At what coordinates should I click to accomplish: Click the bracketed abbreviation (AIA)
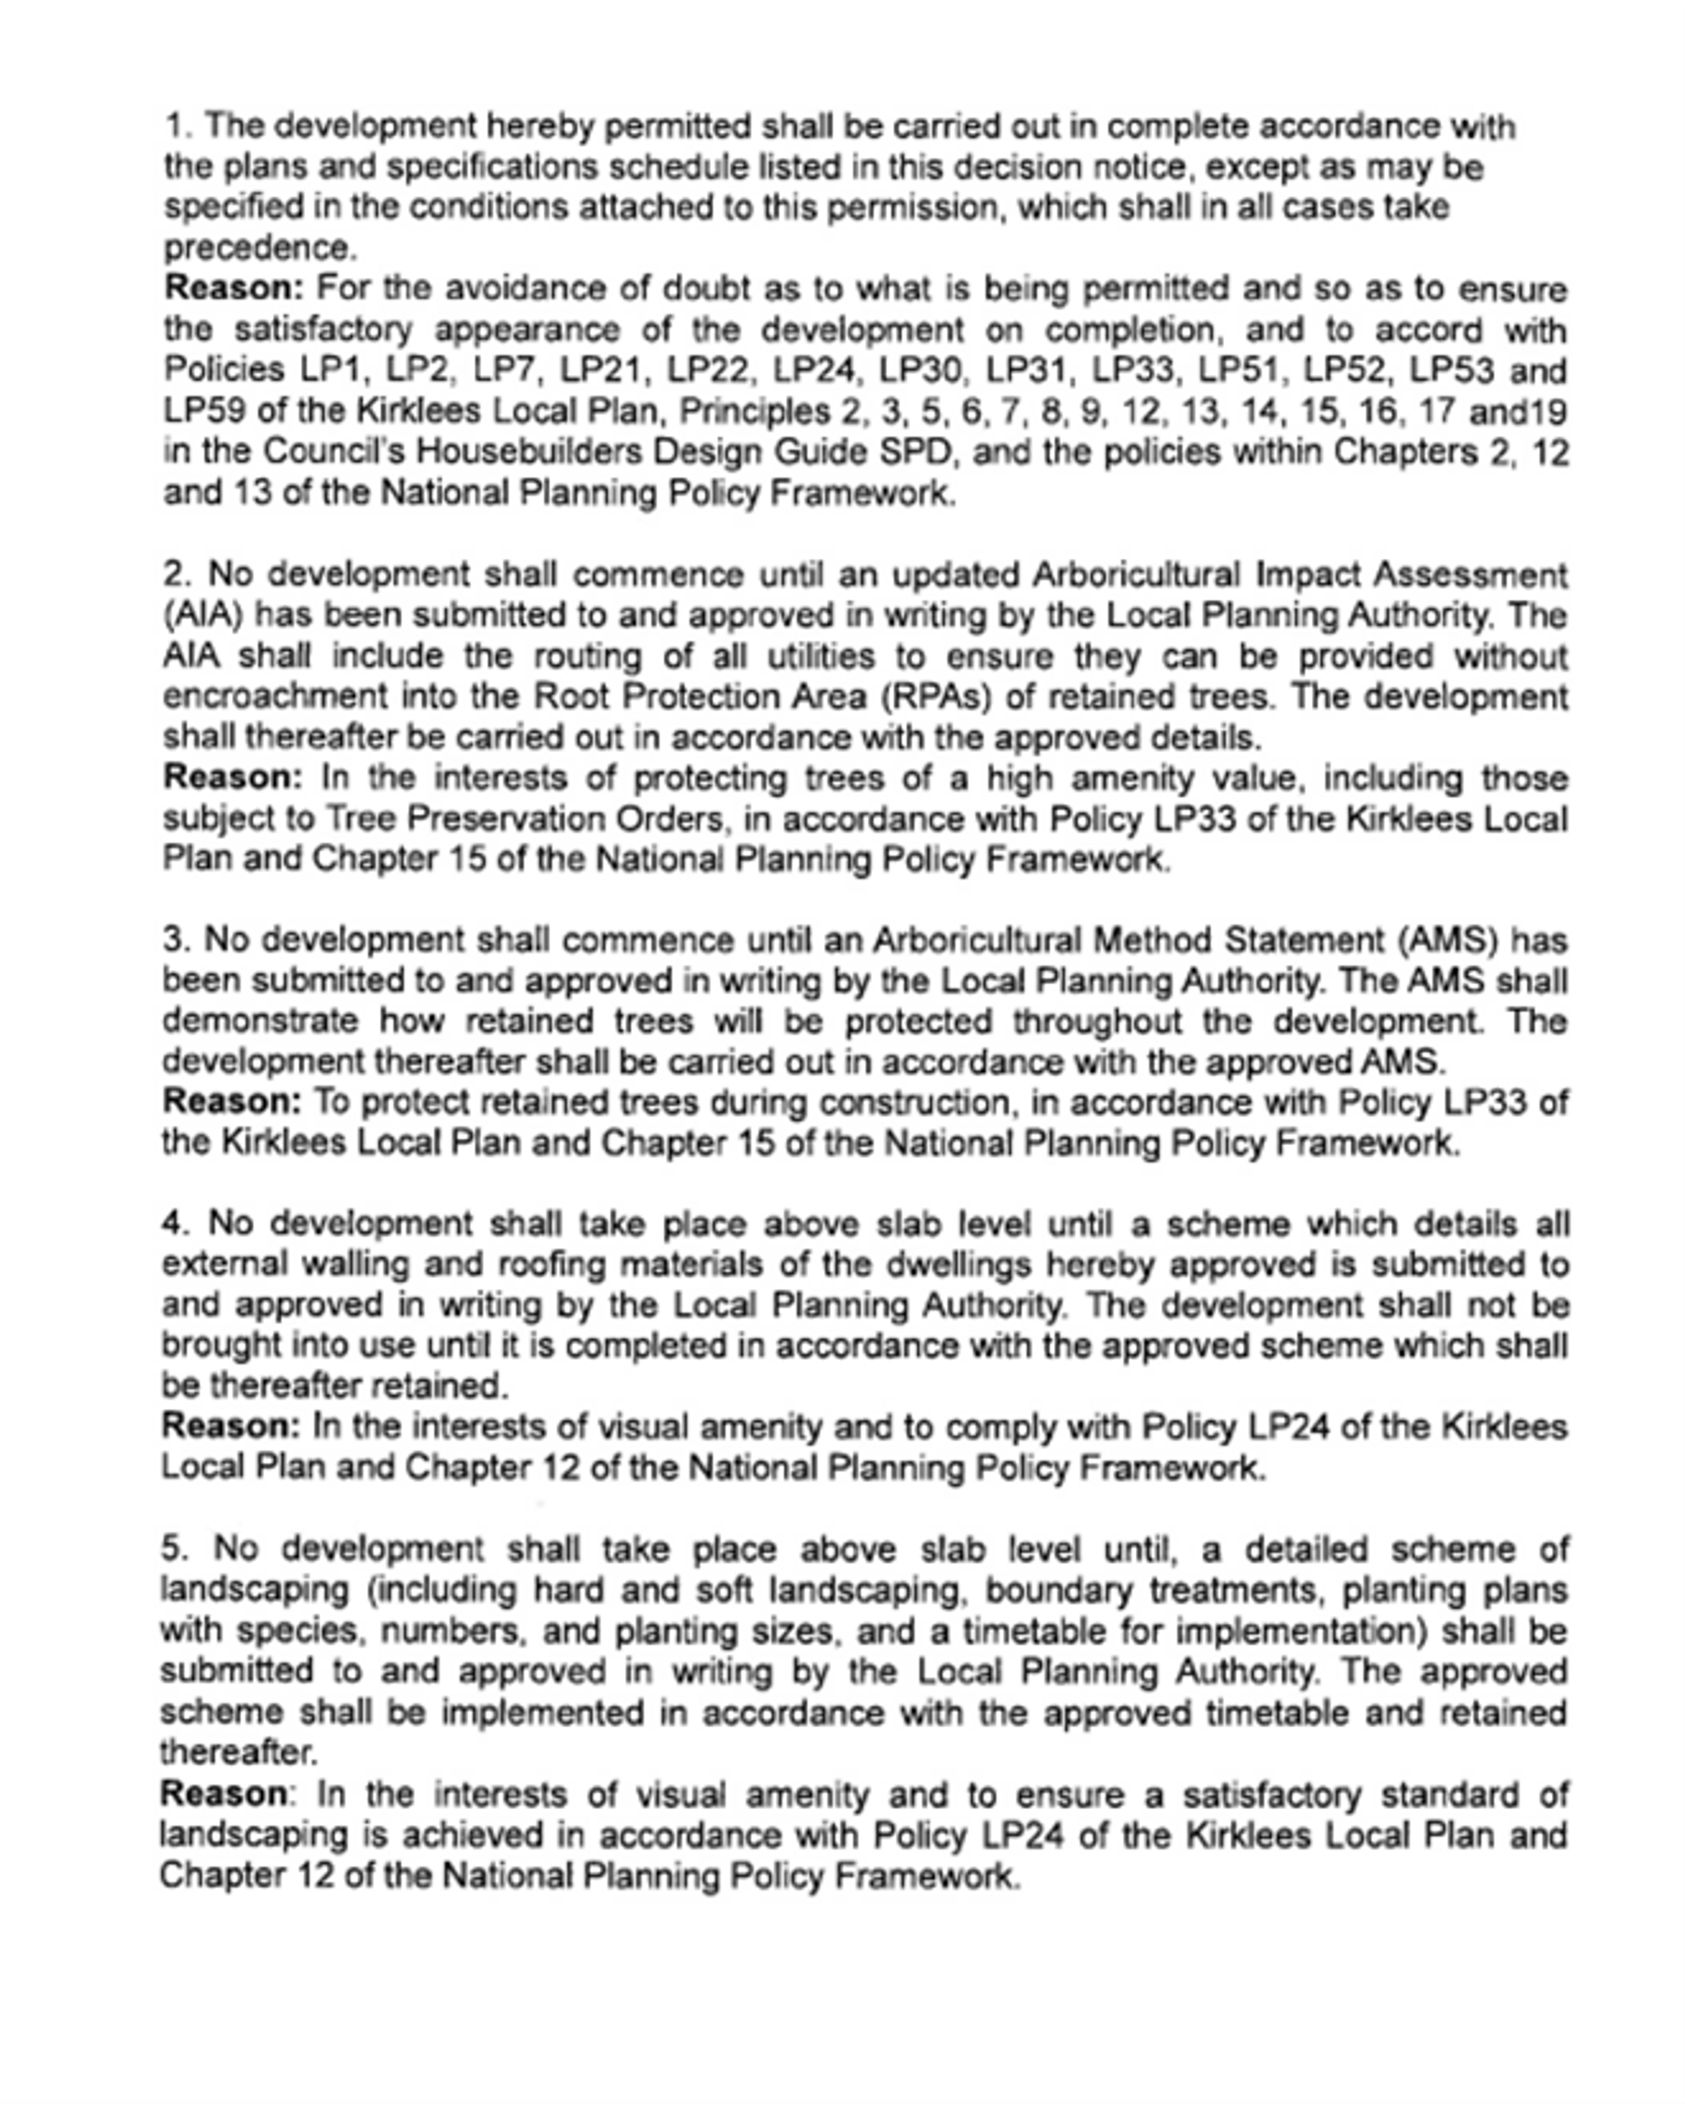point(202,615)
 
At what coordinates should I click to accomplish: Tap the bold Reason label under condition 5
point(224,1794)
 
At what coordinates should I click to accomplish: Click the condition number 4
point(173,1223)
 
